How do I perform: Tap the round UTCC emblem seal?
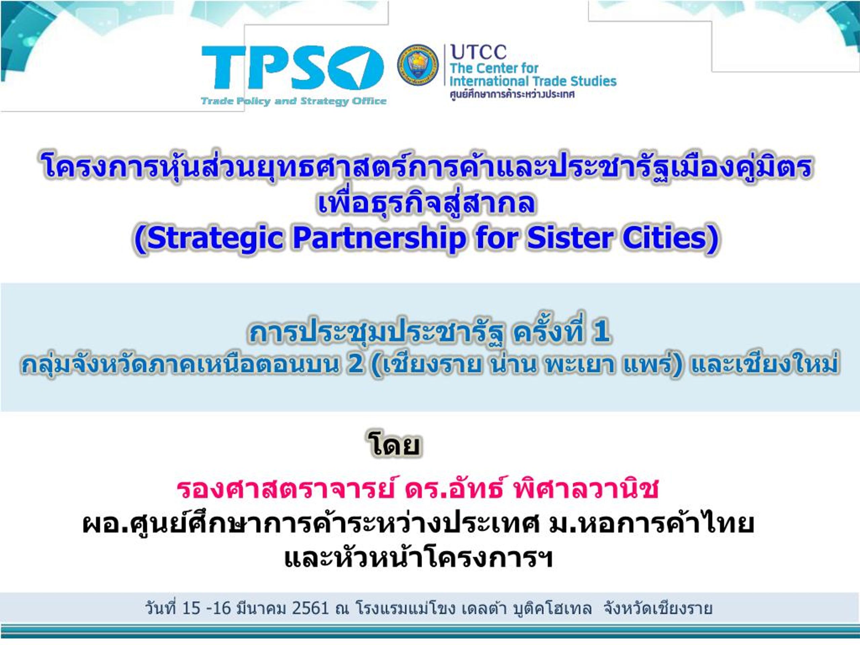418,64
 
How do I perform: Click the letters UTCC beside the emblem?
478,52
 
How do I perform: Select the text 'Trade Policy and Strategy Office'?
294,101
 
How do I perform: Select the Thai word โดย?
394,445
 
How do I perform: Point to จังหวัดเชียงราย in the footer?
658,608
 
